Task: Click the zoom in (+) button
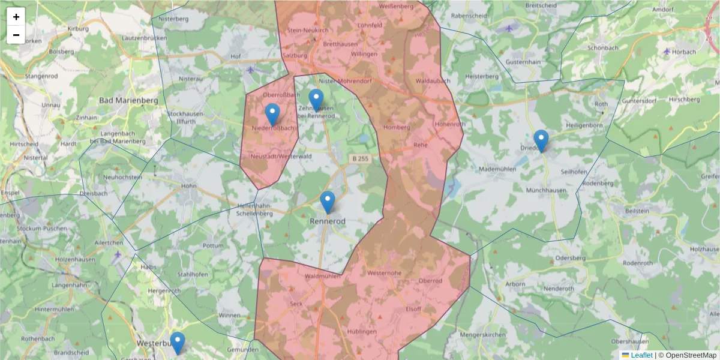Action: pyautogui.click(x=16, y=17)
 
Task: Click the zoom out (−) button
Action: pyautogui.click(x=16, y=35)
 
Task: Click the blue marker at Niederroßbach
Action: pyautogui.click(x=272, y=115)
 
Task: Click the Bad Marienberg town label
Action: pyautogui.click(x=128, y=100)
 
